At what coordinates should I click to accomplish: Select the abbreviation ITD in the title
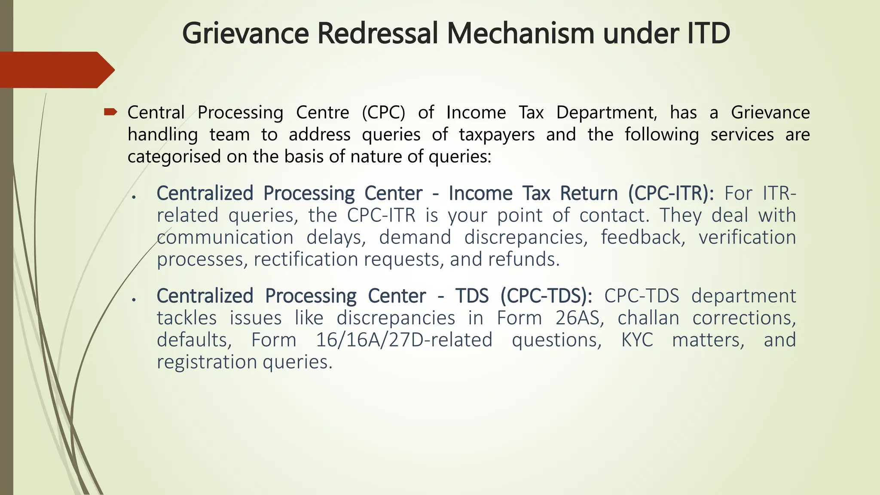[707, 34]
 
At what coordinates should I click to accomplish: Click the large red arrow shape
[56, 70]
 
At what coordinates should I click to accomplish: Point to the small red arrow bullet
[110, 113]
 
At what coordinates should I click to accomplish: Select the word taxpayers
[497, 135]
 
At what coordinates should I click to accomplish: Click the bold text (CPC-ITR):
[671, 193]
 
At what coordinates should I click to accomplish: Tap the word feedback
[643, 238]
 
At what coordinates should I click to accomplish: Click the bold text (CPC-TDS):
[546, 296]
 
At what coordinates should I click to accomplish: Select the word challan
[648, 318]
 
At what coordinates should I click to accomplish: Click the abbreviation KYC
[637, 340]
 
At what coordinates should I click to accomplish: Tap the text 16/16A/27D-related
[404, 340]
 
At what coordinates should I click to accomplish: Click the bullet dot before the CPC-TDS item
[134, 299]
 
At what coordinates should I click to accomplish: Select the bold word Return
[589, 193]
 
